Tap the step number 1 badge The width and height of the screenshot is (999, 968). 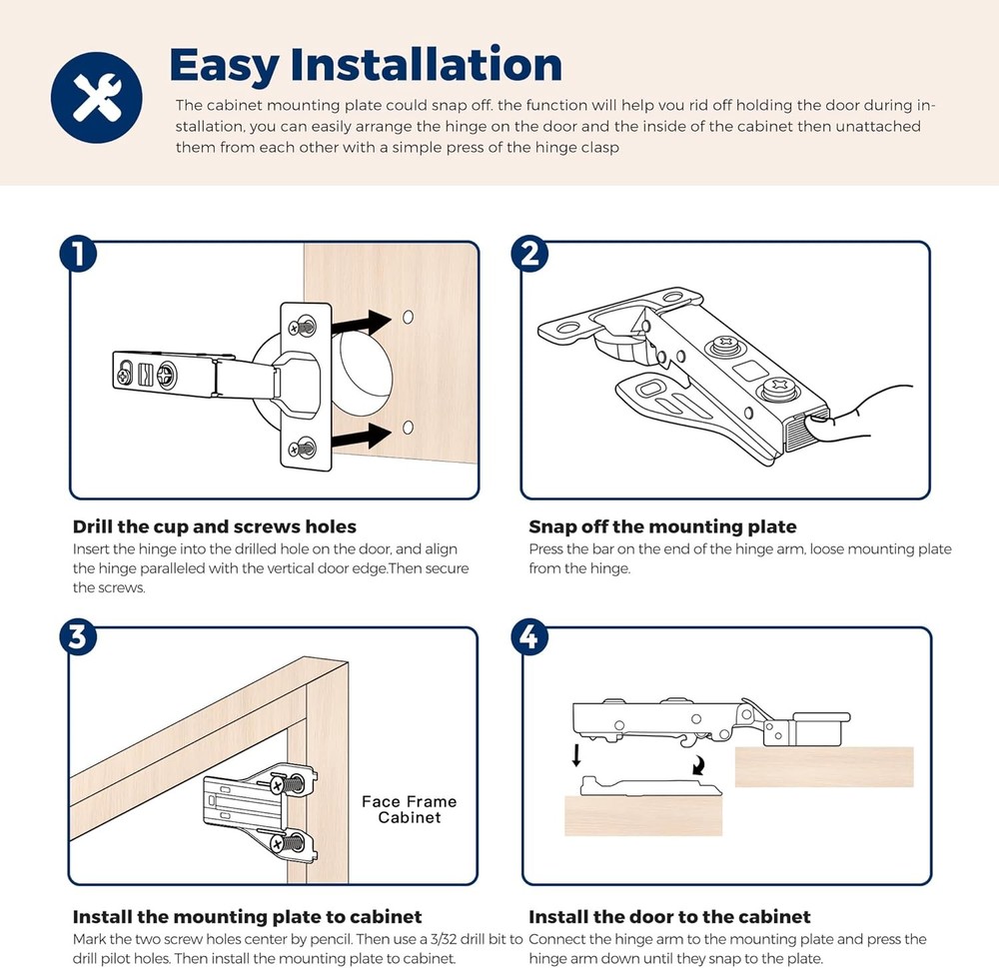tap(78, 254)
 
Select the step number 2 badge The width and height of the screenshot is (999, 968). tap(529, 254)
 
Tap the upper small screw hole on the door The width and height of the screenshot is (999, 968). tap(408, 317)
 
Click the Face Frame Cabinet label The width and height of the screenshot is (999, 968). tap(409, 809)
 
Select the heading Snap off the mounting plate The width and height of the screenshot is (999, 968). tap(662, 526)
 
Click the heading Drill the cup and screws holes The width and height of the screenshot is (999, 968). tap(214, 526)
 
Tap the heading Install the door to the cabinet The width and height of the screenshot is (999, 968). tap(669, 916)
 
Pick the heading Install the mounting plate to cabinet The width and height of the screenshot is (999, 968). tap(247, 916)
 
